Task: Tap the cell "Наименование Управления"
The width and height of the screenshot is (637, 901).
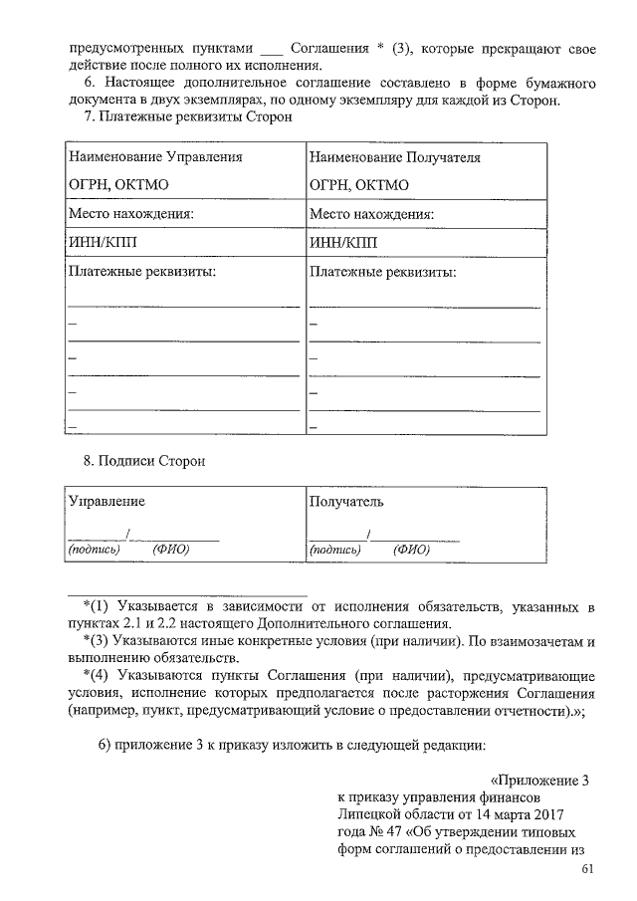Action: click(x=154, y=157)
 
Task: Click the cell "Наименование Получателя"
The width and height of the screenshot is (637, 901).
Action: click(x=395, y=157)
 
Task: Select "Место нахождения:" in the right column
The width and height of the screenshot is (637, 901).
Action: click(x=371, y=213)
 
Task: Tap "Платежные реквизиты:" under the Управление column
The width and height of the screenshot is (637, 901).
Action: click(x=141, y=271)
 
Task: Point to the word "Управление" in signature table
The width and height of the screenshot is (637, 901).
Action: click(x=106, y=501)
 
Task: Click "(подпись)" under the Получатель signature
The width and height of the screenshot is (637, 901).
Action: click(x=335, y=549)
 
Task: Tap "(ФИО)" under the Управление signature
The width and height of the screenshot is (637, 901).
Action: click(x=171, y=549)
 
